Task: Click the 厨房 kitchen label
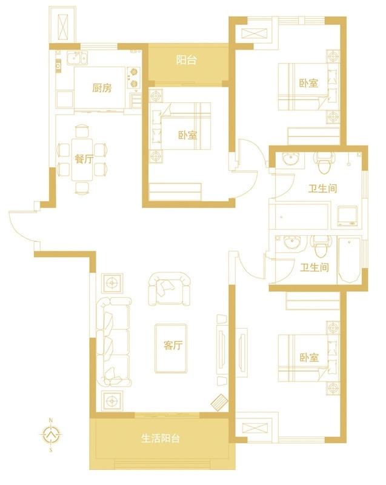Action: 102,88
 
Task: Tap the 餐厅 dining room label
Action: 84,159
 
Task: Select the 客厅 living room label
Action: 173,345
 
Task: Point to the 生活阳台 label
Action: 161,438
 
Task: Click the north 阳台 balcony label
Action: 187,59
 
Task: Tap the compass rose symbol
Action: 51,435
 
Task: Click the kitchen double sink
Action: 78,58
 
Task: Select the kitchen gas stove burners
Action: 134,78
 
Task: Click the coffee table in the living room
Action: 171,348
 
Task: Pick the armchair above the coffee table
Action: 169,289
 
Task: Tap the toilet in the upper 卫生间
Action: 324,162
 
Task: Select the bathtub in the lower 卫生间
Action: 350,260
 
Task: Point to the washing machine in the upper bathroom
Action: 347,215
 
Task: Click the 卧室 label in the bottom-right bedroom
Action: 309,358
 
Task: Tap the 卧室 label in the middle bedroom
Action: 188,135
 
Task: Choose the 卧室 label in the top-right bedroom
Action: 308,83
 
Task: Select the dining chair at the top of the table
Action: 82,131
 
